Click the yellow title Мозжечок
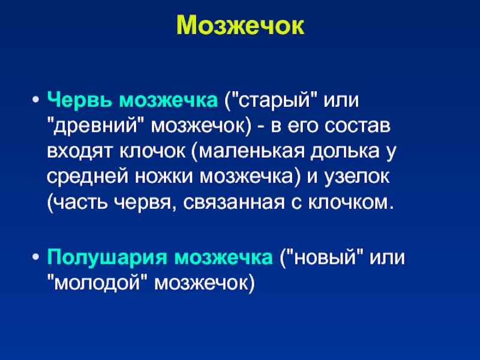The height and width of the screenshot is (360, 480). coord(241,26)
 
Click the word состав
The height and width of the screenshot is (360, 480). coord(357,126)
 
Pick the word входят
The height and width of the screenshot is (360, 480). coord(80,152)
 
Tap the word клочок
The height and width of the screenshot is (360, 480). coord(152,151)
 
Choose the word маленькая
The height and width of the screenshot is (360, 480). coord(251,152)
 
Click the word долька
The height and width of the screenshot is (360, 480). coord(344,151)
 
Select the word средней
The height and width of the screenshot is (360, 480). coord(88,177)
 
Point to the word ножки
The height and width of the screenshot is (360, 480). coord(164,177)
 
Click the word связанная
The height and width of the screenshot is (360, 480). coord(233,203)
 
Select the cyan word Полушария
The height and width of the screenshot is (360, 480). coord(107,257)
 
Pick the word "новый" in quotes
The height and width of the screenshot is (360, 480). coord(325,257)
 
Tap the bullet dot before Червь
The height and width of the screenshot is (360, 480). coord(36,100)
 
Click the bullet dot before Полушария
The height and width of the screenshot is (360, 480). coord(36,257)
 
